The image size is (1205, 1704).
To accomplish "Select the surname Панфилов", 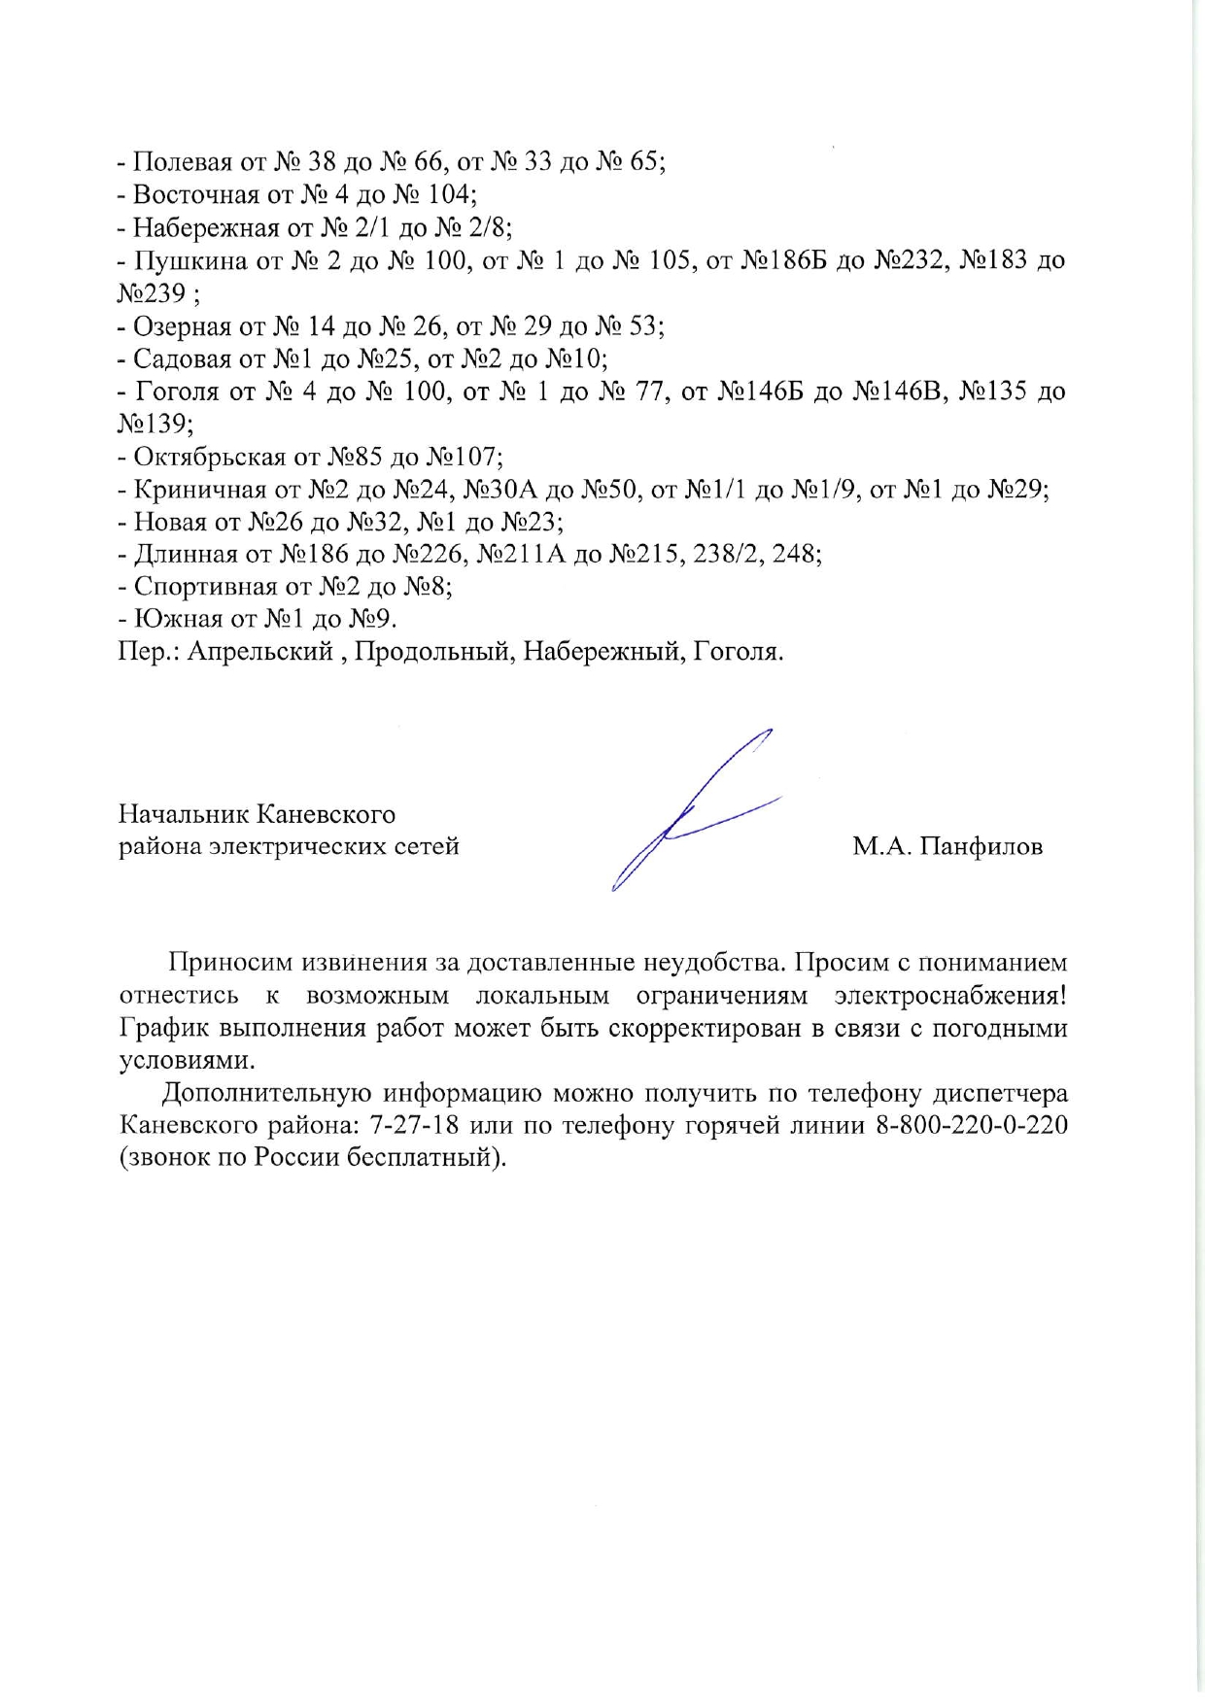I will pyautogui.click(x=981, y=847).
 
